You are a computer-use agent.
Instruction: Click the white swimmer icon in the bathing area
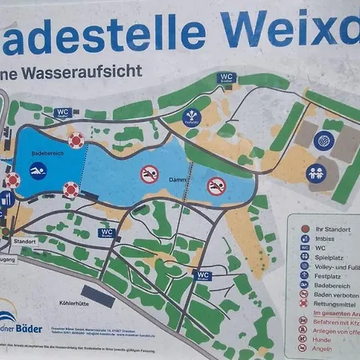(x=37, y=170)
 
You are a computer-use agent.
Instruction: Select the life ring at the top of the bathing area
(x=76, y=141)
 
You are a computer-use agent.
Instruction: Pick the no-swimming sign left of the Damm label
(x=149, y=174)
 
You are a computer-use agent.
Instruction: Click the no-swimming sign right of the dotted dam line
(x=216, y=186)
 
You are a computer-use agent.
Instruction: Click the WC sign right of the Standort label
(x=107, y=233)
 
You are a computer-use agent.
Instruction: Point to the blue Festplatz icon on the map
(x=192, y=118)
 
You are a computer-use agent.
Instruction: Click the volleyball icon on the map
(x=323, y=141)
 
